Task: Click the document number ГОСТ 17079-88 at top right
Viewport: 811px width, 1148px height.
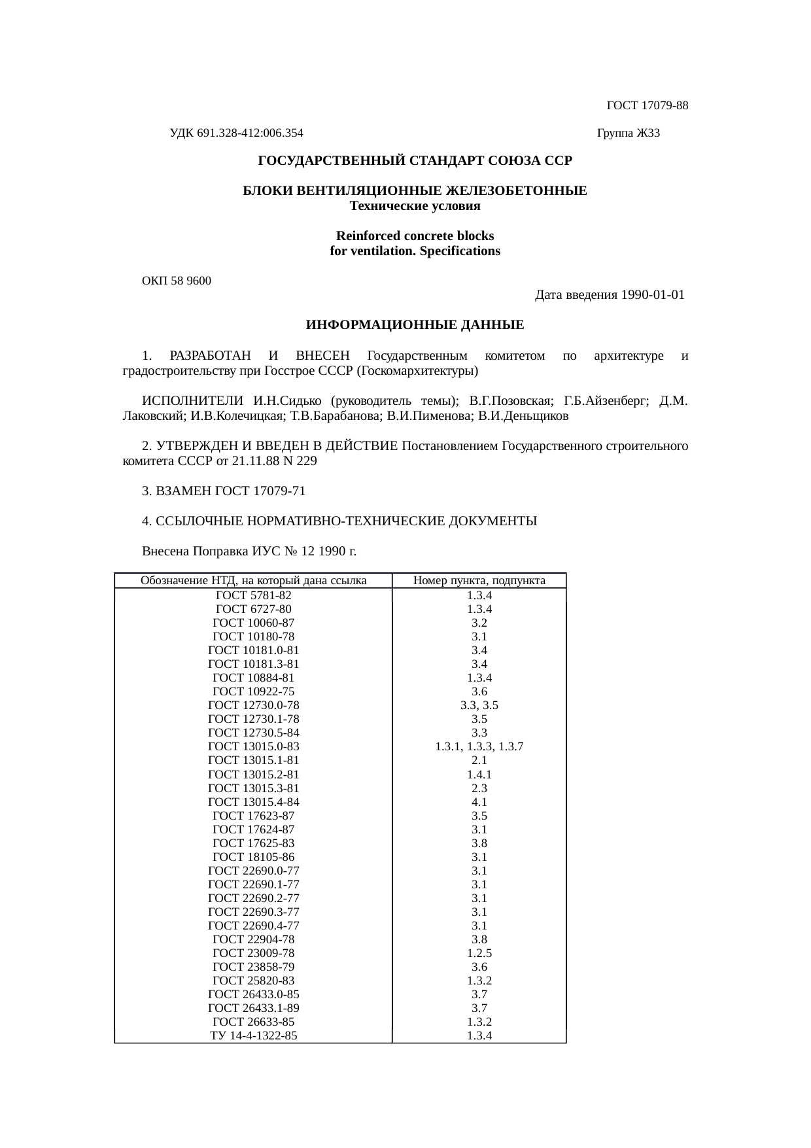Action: [x=647, y=105]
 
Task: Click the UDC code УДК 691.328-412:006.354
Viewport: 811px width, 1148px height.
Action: [x=236, y=133]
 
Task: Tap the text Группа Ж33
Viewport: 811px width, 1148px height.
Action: [x=629, y=133]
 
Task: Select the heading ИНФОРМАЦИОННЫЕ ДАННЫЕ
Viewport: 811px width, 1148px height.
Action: [x=415, y=325]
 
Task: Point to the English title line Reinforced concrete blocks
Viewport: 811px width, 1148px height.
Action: [x=415, y=235]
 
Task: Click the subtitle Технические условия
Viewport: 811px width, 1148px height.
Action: [x=415, y=207]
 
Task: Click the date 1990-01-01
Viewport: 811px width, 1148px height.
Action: [x=652, y=295]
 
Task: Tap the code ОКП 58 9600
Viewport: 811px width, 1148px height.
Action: [x=177, y=281]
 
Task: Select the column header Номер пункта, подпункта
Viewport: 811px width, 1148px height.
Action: [x=479, y=581]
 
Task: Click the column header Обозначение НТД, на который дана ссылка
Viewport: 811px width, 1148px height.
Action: [x=253, y=581]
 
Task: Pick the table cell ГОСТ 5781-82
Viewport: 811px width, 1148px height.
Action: [x=253, y=595]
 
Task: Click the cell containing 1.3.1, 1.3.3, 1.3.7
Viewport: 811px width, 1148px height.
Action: [x=479, y=746]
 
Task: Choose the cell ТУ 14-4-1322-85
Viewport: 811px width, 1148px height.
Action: [x=253, y=1035]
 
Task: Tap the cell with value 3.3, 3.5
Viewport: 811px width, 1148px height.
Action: [x=479, y=705]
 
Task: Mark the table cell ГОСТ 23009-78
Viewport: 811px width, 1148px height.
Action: [x=253, y=953]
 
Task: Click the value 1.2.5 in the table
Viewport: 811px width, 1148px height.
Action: [x=479, y=953]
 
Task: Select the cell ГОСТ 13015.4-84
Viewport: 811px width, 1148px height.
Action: [x=253, y=802]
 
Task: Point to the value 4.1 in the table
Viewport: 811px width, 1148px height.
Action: [x=479, y=802]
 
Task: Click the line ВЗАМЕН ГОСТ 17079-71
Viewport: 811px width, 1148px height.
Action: [x=224, y=491]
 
